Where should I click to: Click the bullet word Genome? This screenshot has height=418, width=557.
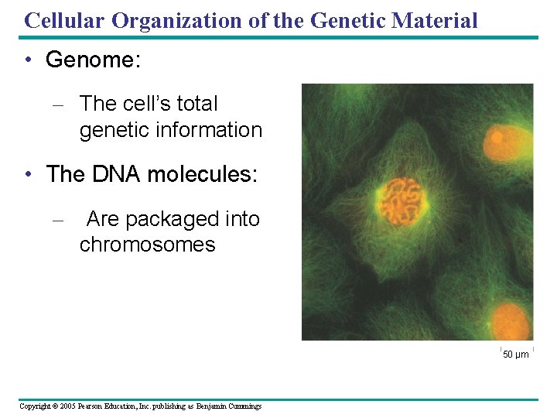point(94,60)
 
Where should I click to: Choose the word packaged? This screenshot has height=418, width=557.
point(162,219)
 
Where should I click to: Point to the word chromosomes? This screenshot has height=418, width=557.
point(147,245)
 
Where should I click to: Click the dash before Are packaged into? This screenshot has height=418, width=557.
point(56,221)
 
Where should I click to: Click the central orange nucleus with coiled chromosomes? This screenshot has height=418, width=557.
point(402,198)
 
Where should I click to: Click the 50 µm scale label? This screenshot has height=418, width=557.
point(516,355)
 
